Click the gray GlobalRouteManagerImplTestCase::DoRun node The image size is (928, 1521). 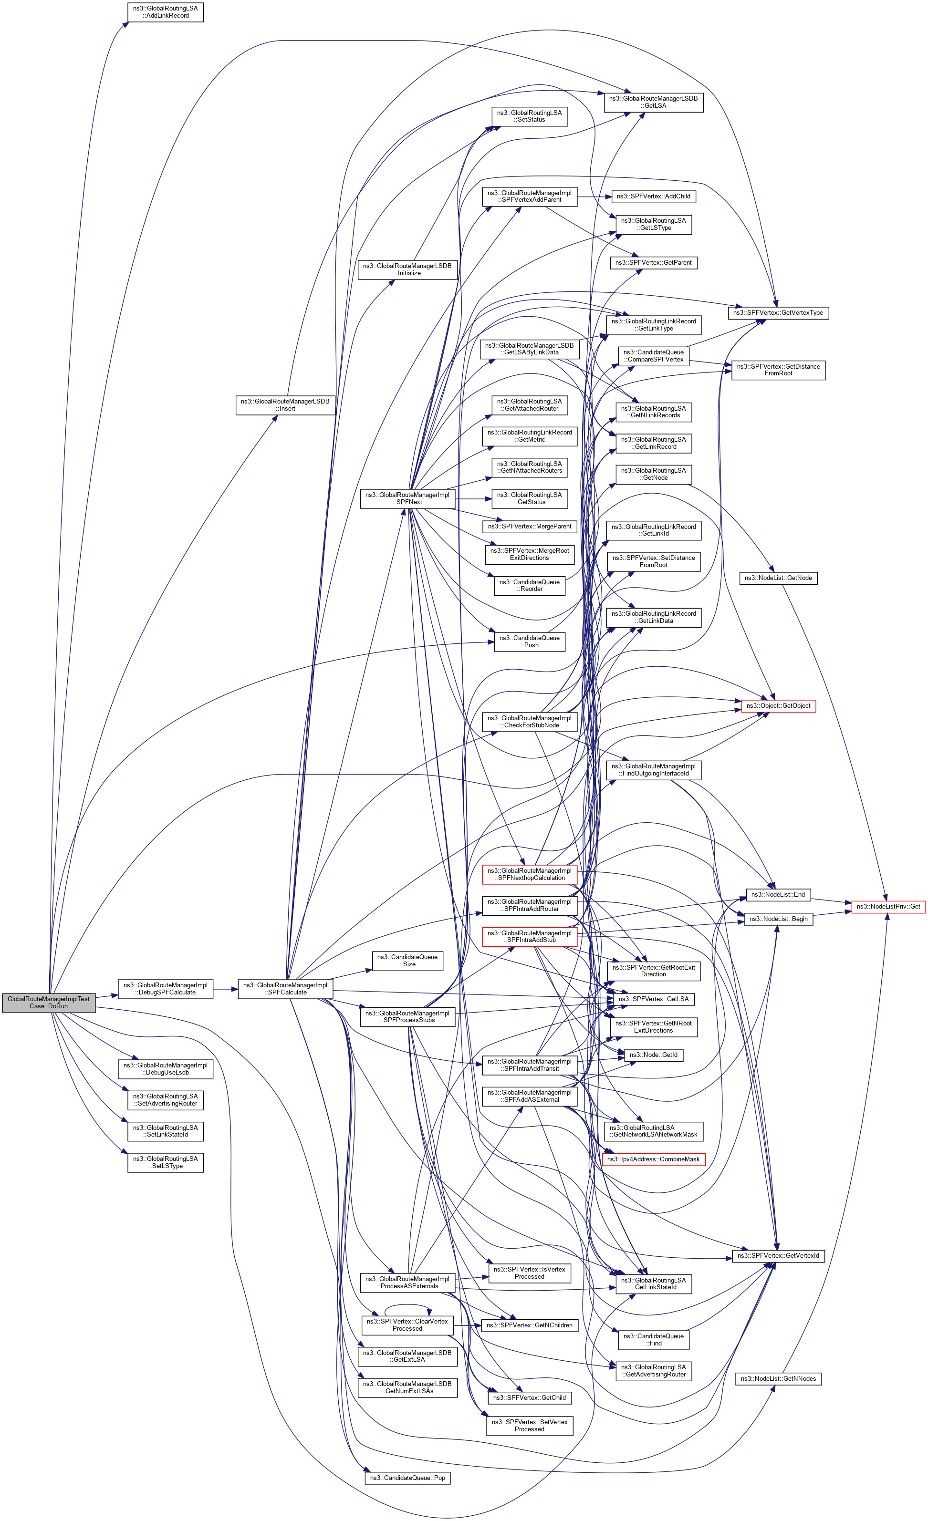(x=49, y=1003)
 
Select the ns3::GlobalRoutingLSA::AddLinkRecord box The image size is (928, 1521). (x=166, y=12)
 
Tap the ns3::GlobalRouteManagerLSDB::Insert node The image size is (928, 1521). (x=285, y=405)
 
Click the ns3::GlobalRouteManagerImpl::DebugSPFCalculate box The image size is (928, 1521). (x=166, y=989)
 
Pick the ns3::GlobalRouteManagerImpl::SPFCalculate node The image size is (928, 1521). (x=285, y=989)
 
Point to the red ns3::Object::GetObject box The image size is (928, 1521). (x=778, y=705)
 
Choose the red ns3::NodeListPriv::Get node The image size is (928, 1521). (x=888, y=907)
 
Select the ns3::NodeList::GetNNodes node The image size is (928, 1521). (x=778, y=1379)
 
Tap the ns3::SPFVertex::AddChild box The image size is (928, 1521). (x=653, y=197)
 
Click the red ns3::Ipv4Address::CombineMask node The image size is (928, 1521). (x=653, y=1159)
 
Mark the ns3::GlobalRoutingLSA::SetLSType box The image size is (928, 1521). (x=166, y=1162)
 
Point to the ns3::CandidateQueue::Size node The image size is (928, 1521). (x=407, y=961)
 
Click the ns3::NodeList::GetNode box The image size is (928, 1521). (x=778, y=578)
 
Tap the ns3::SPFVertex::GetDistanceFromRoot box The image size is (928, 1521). (x=778, y=370)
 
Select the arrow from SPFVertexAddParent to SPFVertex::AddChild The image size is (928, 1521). (x=594, y=197)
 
